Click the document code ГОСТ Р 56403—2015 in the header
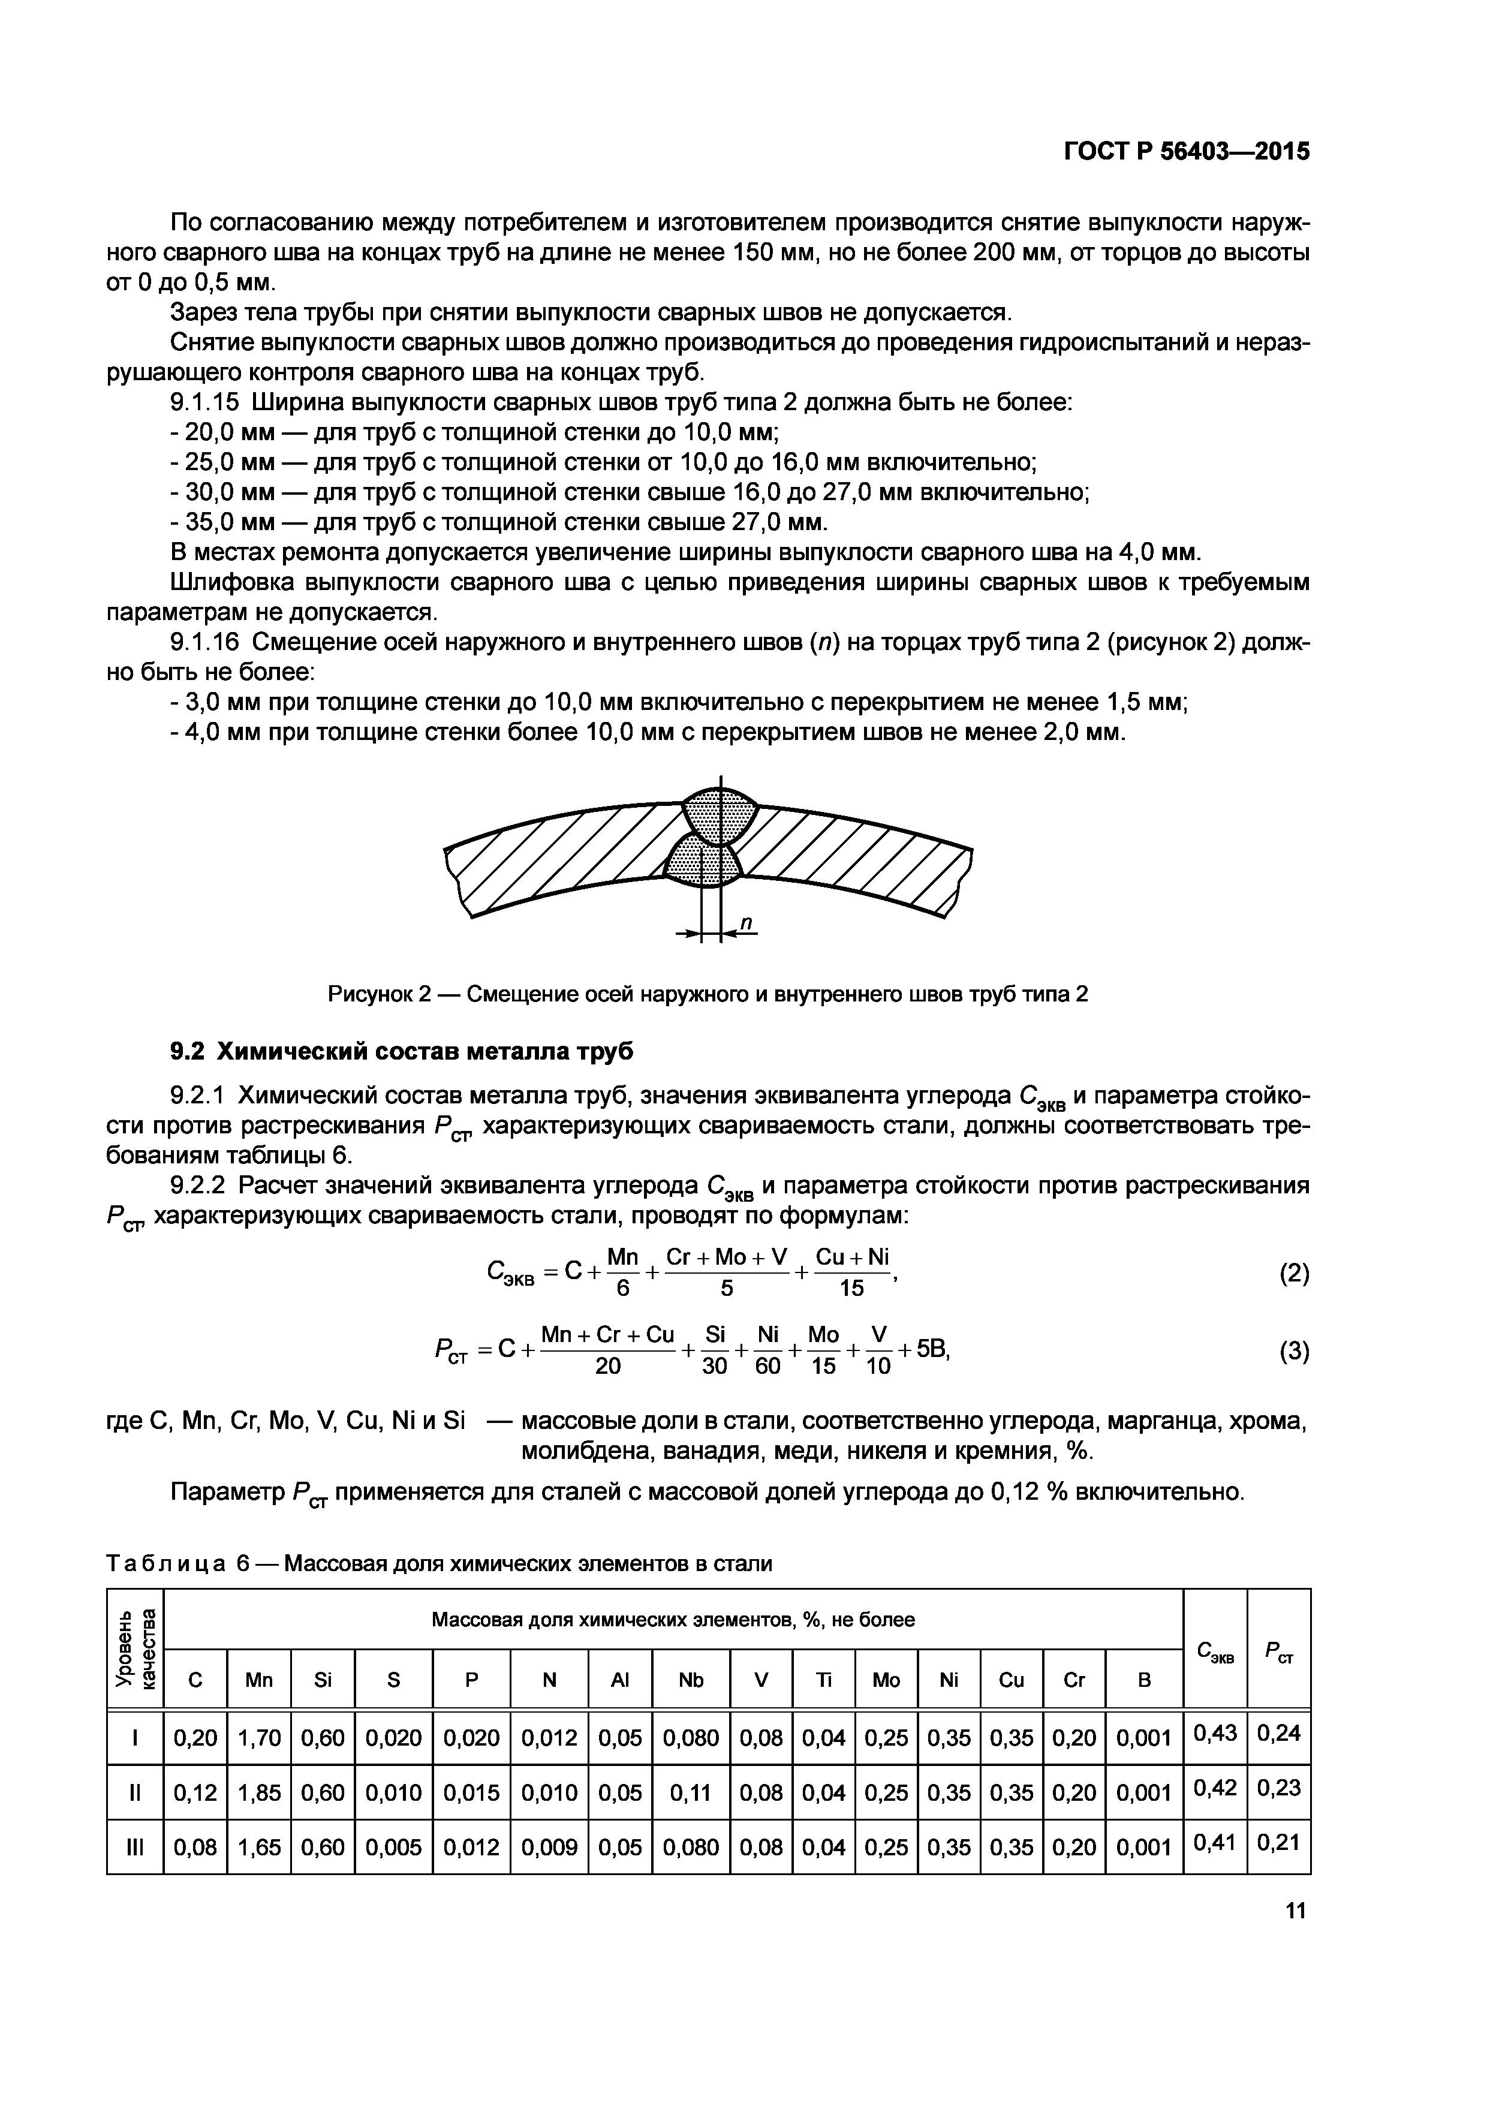pos(1187,151)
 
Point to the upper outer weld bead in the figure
pos(721,814)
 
